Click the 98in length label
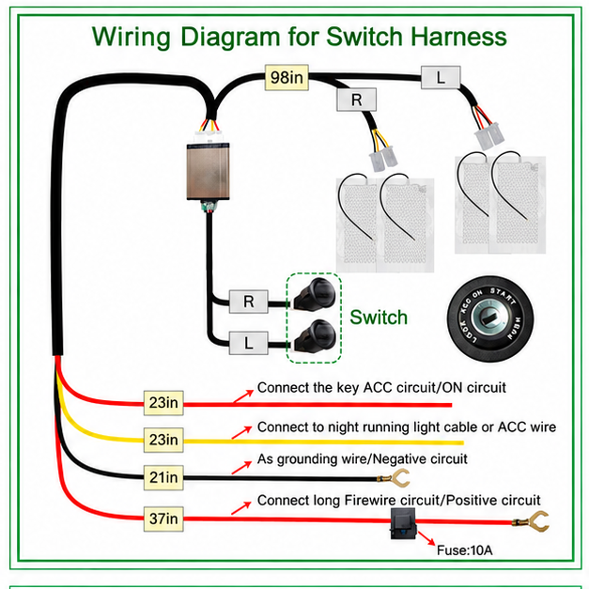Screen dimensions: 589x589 [287, 77]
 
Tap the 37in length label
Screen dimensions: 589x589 [163, 519]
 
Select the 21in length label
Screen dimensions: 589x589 [163, 477]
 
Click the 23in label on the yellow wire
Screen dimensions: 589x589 [163, 440]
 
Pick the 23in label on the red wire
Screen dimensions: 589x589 [163, 403]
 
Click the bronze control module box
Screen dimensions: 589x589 [209, 171]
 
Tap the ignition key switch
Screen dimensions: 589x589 [490, 318]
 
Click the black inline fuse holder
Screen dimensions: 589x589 [403, 523]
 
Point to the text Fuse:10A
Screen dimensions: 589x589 [464, 550]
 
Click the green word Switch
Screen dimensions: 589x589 [379, 318]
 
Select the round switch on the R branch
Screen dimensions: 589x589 [315, 294]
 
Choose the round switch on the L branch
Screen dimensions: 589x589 [315, 336]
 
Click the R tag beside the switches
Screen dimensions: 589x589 [249, 302]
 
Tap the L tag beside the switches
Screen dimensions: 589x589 [249, 343]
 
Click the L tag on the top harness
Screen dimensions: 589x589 [441, 78]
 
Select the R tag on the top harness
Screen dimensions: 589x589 [356, 100]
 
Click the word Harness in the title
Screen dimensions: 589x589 [458, 37]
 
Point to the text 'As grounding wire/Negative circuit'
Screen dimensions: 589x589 [362, 459]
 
